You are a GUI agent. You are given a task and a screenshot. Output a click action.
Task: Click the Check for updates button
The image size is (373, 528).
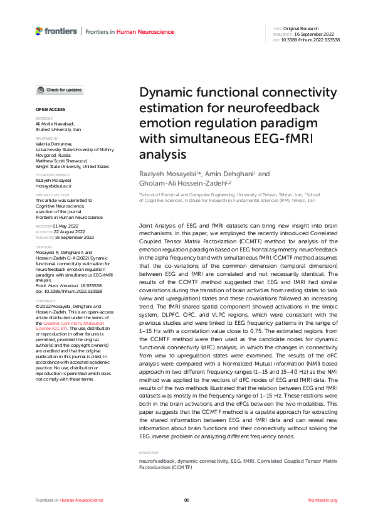tap(60, 90)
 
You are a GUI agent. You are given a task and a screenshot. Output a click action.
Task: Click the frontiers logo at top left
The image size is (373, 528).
tap(57, 30)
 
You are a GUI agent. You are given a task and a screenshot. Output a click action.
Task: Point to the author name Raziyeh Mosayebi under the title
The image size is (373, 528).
tap(166, 174)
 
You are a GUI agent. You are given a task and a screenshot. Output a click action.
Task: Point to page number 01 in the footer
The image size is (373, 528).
tap(186, 500)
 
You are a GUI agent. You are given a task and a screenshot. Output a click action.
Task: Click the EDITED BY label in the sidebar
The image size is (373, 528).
tap(44, 119)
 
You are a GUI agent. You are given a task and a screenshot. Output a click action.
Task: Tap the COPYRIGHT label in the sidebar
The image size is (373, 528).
tap(45, 300)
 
